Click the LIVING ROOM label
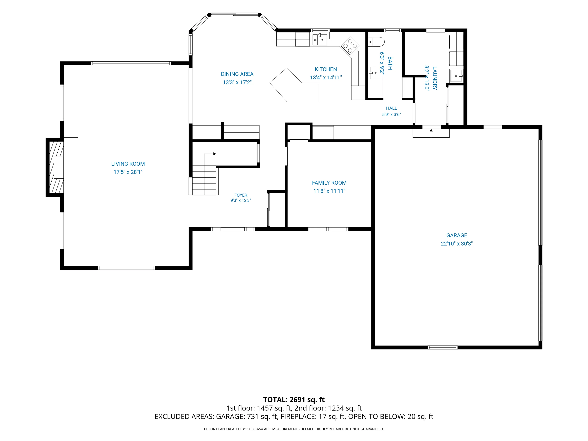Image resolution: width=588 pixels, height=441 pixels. click(128, 164)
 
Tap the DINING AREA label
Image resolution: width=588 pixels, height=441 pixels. click(237, 74)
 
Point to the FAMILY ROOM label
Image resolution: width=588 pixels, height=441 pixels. click(329, 183)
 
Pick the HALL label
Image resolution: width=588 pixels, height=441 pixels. click(391, 108)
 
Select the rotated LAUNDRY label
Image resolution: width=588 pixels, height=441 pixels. click(435, 78)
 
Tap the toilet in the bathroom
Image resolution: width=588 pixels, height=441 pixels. click(376, 42)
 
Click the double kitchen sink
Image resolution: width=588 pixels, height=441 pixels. click(319, 40)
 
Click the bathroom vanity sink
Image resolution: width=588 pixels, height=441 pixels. click(375, 73)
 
